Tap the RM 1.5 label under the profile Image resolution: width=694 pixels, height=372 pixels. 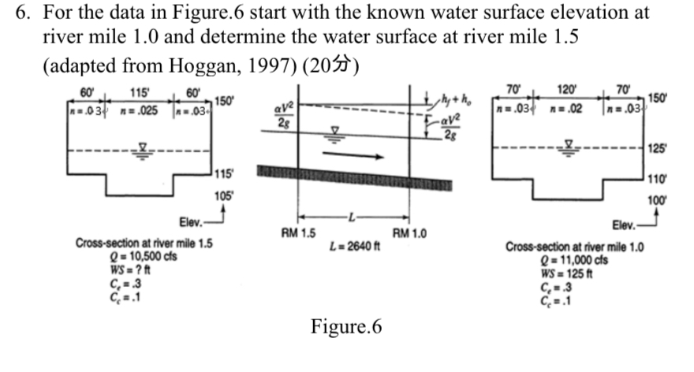tap(299, 233)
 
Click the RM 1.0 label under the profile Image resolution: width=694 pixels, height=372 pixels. tap(409, 233)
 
